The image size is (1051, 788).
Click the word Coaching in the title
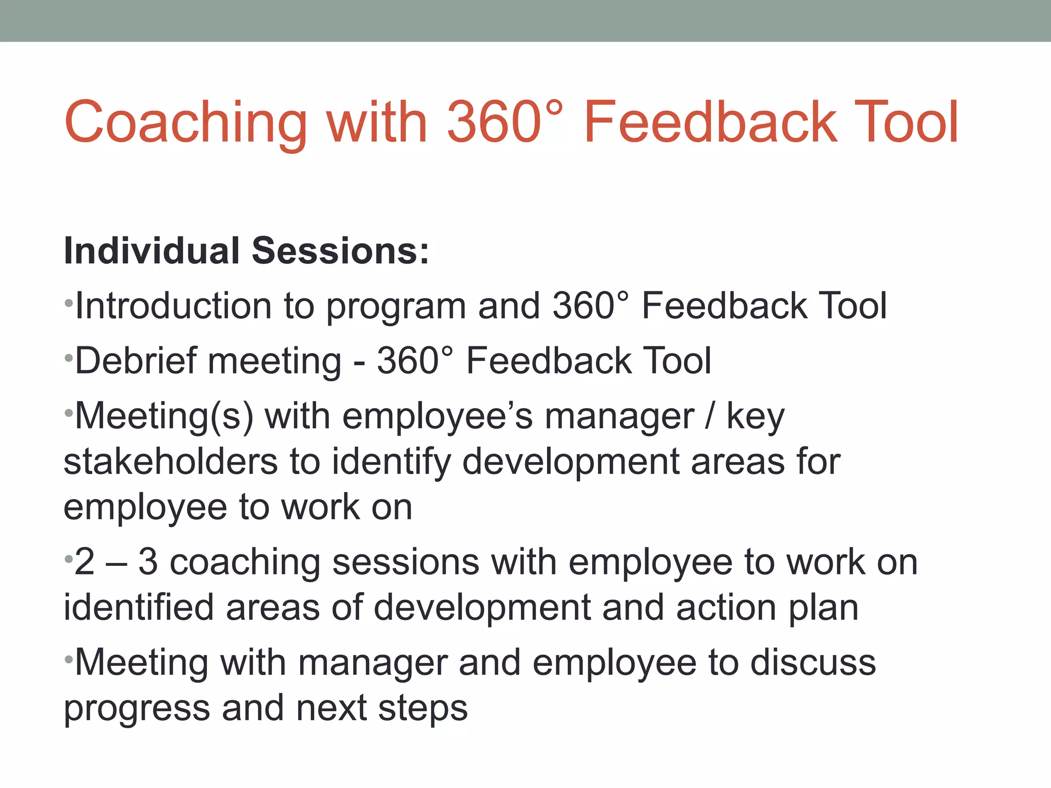tap(186, 123)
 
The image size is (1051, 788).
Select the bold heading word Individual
tap(151, 251)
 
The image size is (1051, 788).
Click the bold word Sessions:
tap(340, 251)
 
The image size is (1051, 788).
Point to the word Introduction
tap(173, 306)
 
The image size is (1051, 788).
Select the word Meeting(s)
tap(164, 417)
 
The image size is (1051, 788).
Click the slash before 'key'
tap(710, 417)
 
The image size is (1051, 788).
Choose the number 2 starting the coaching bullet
tap(85, 562)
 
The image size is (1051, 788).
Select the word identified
tap(138, 608)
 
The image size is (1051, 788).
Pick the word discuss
tap(813, 663)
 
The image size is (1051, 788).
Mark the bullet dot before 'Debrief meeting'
tap(68, 358)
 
